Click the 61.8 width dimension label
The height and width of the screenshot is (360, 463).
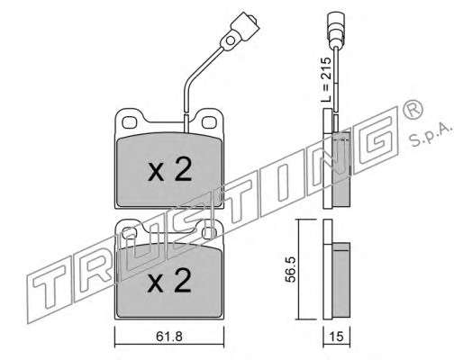point(169,337)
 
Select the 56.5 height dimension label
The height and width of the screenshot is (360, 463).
point(290,269)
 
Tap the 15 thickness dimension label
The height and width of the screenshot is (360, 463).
point(336,337)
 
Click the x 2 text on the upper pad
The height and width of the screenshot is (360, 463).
point(169,169)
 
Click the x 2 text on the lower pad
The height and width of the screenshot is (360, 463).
point(169,281)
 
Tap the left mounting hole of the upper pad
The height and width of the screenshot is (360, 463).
point(130,122)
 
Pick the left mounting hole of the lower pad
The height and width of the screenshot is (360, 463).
point(130,232)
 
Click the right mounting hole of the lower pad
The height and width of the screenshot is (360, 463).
point(209,232)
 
